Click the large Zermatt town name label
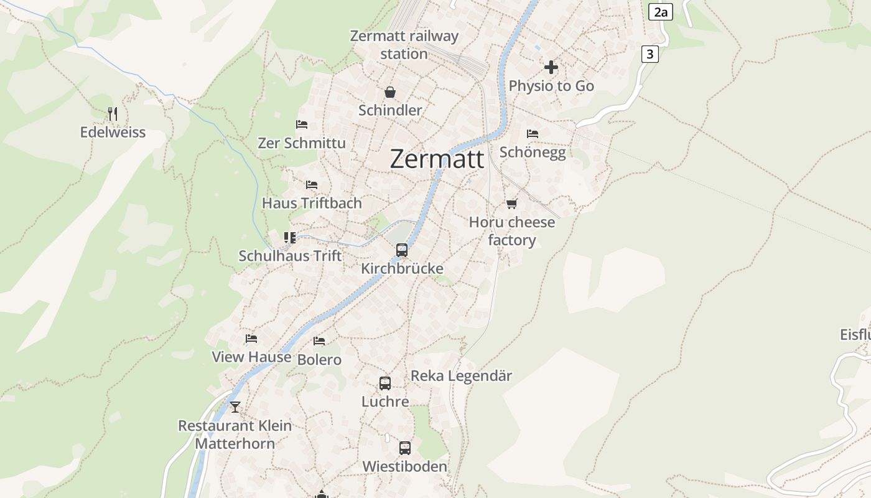coord(437,159)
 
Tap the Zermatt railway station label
coord(404,45)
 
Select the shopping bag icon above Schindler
coord(390,93)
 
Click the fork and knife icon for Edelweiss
coord(113,113)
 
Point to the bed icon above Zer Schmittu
coord(302,125)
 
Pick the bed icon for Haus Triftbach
coord(312,185)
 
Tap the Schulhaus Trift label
coord(290,256)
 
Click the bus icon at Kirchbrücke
coord(402,250)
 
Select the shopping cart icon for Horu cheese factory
coord(512,204)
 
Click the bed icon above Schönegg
coord(533,134)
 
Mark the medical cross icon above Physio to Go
coord(551,67)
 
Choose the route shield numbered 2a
coord(661,12)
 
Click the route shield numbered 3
coord(650,54)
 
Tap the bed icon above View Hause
coord(251,339)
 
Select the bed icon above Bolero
coord(319,341)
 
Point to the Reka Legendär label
coord(461,376)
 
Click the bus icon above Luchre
coord(385,383)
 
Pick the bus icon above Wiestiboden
coord(405,448)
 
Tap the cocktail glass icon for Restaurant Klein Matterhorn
coord(235,407)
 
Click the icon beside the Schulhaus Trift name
coord(289,237)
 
